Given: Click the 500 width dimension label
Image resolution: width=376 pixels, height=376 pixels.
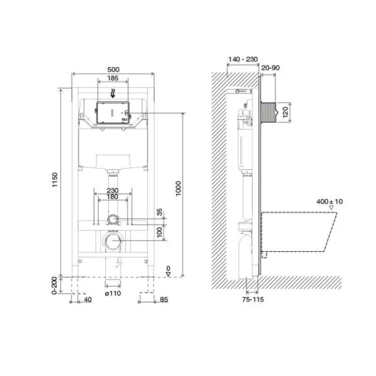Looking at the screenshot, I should (x=113, y=70).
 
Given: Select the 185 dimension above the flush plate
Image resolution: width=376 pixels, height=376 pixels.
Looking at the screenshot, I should (x=113, y=78).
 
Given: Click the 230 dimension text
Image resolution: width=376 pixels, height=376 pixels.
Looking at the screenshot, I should (x=112, y=191).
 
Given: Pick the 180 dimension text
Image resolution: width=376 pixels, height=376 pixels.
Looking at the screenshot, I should (x=112, y=197).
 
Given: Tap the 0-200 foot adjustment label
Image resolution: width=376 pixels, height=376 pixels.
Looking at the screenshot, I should (x=55, y=286).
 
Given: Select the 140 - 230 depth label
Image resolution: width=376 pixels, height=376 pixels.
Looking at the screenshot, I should (x=243, y=59).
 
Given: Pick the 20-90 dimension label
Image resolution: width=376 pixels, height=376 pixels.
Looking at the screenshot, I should (x=270, y=68).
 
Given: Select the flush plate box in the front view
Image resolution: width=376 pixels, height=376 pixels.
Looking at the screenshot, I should (x=113, y=113).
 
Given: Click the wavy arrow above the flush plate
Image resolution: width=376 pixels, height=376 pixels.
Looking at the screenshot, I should (x=113, y=94).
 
